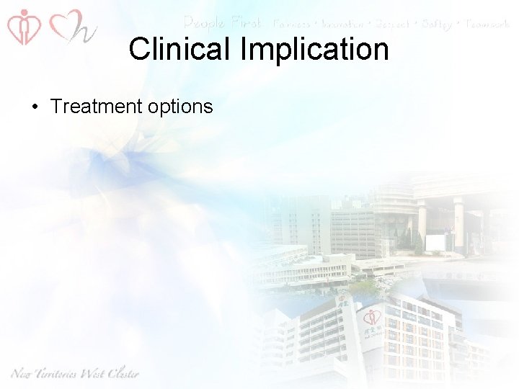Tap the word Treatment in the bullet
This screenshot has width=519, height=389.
coord(97,107)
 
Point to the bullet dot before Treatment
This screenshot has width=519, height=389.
coord(35,107)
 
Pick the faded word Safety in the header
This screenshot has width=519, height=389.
coord(435,24)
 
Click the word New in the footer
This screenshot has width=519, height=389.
coord(23,373)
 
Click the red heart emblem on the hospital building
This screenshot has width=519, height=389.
coord(372,317)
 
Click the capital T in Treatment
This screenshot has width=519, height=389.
coord(56,107)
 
